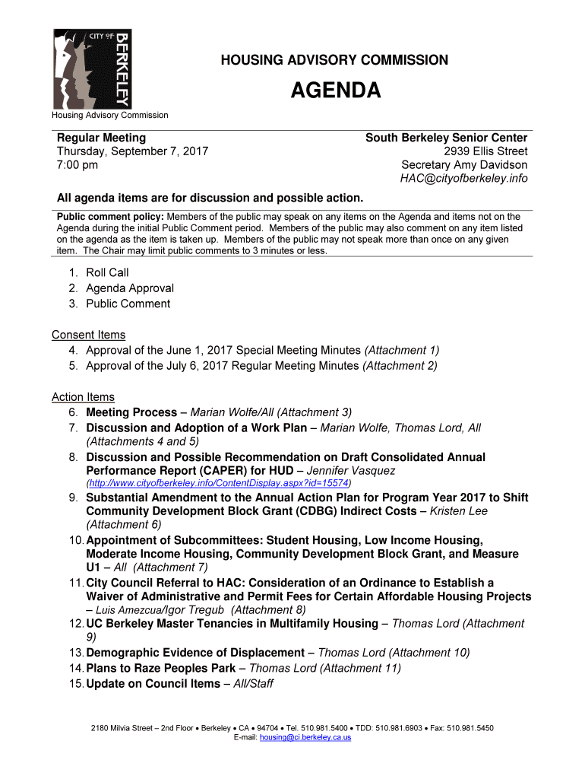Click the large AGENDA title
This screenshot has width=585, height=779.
[x=335, y=92]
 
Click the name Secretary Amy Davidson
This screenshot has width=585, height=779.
[x=464, y=165]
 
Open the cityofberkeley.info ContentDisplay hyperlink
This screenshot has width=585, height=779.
[x=220, y=483]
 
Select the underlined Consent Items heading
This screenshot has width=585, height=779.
[x=88, y=335]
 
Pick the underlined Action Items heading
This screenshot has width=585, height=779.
[x=83, y=397]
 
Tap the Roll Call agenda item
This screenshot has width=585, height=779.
[x=107, y=272]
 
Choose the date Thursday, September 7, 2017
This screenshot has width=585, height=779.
[x=133, y=151]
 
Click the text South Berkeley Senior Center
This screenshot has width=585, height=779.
[x=446, y=138]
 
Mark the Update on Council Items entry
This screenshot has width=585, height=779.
[x=153, y=684]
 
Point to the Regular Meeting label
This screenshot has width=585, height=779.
[x=102, y=138]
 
